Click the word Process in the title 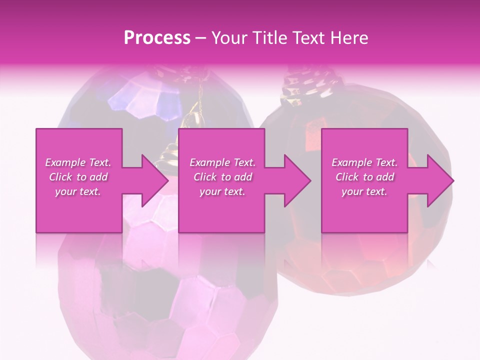click(157, 38)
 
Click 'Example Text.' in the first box click(78, 162)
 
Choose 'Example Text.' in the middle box click(222, 162)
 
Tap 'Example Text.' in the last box click(364, 162)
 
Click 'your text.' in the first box click(78, 191)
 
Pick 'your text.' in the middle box click(222, 191)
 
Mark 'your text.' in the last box click(364, 191)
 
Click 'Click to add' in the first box click(78, 177)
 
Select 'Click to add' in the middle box click(222, 177)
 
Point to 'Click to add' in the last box click(364, 177)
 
